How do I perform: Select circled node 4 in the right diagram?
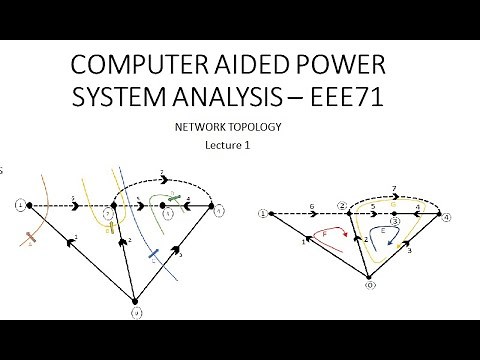447,217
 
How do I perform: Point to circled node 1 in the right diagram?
263,213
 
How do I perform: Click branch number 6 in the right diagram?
315,204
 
